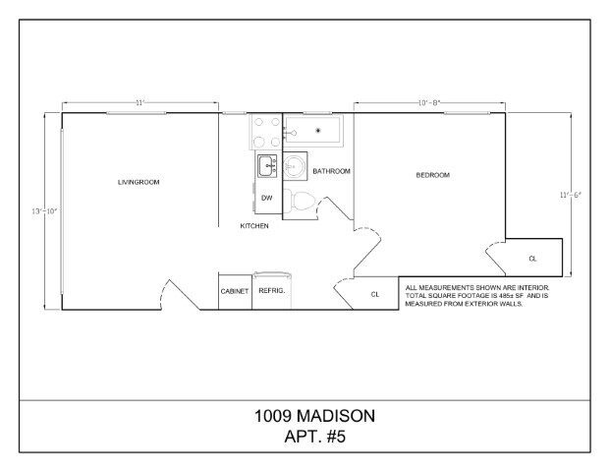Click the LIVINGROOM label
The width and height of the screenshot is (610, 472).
(x=139, y=182)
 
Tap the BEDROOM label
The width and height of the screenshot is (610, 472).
(x=432, y=175)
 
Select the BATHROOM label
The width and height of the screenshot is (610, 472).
(x=332, y=171)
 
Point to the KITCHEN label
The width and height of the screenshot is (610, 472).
(x=254, y=226)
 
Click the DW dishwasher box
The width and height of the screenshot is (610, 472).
(x=266, y=198)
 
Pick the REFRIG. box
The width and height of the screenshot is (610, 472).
(x=270, y=291)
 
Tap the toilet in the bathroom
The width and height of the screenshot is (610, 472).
(x=304, y=204)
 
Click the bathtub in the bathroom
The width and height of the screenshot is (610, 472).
(x=316, y=130)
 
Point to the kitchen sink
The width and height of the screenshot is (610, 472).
(x=267, y=166)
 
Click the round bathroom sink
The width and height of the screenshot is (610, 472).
(x=294, y=167)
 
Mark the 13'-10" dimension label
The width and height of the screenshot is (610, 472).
(x=37, y=211)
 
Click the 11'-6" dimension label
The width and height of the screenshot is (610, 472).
(x=571, y=195)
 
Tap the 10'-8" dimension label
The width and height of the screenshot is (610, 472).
(x=429, y=102)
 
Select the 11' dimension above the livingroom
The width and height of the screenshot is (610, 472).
(x=140, y=102)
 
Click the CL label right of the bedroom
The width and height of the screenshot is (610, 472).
(x=532, y=259)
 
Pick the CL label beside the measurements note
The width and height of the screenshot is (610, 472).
(x=374, y=294)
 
